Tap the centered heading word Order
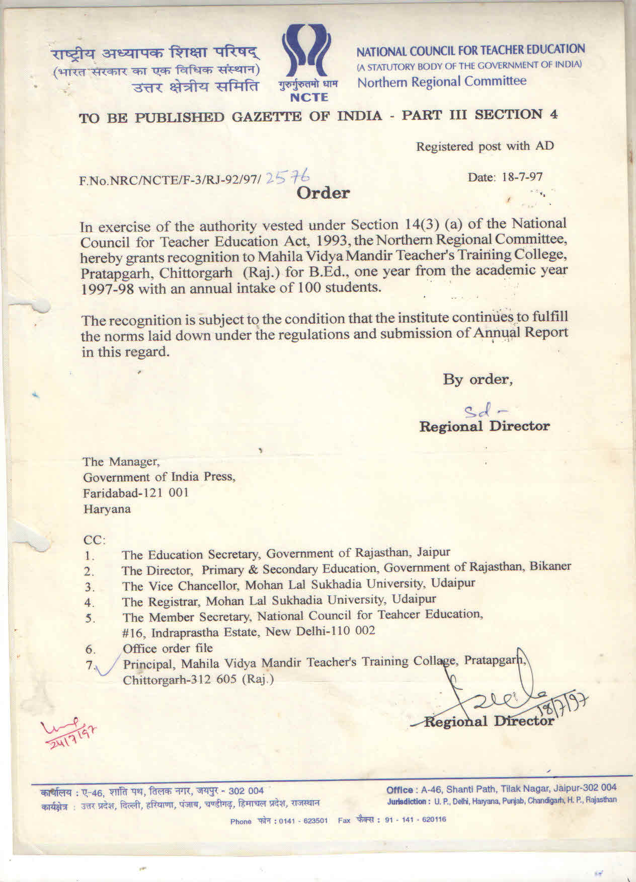coord(323,193)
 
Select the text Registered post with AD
coord(485,146)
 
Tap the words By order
coord(478,379)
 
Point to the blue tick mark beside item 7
coord(108,666)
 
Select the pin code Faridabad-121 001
coord(135,492)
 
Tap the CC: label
coord(95,540)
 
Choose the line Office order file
coord(168,648)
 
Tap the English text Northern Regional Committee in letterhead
coord(442,82)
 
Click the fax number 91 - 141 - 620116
coord(415,820)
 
